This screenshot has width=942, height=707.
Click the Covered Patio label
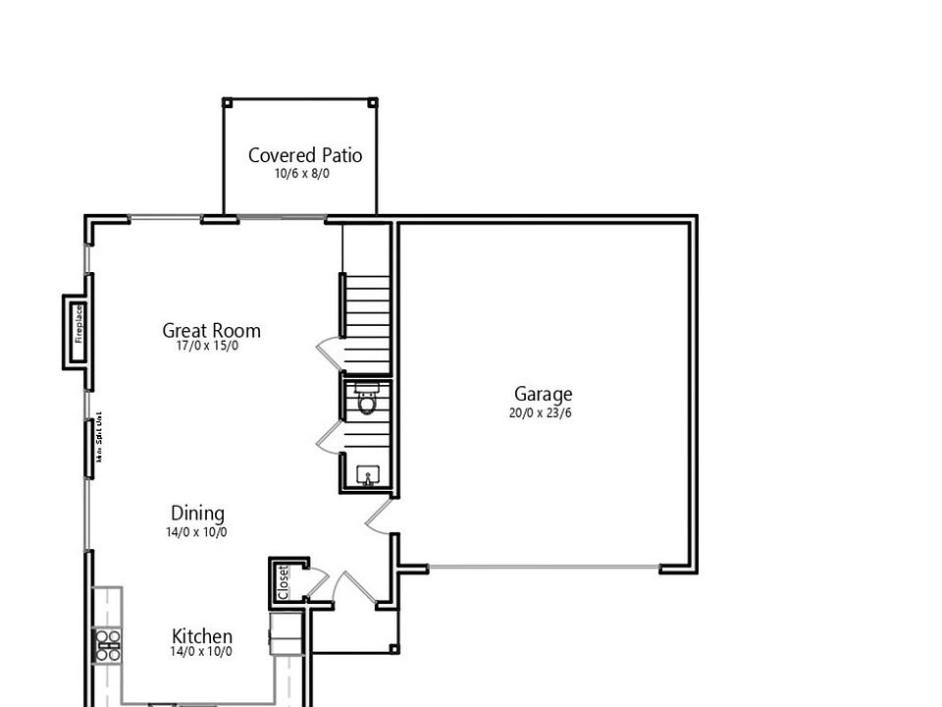(305, 155)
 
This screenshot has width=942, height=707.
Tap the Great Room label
(211, 330)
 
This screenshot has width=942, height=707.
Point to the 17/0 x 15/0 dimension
(207, 347)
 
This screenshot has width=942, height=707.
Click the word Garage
(543, 395)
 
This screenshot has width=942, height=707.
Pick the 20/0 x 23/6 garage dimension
(541, 413)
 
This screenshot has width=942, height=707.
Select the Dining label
(197, 513)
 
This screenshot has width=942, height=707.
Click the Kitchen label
(202, 636)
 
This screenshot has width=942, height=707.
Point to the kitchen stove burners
(107, 645)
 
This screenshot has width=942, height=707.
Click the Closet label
(284, 581)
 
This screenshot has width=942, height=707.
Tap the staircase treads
(367, 305)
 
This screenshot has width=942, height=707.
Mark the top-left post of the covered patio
(227, 102)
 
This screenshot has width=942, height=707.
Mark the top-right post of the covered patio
(373, 102)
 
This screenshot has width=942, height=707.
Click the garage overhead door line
(545, 568)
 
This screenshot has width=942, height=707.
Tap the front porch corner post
(394, 649)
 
